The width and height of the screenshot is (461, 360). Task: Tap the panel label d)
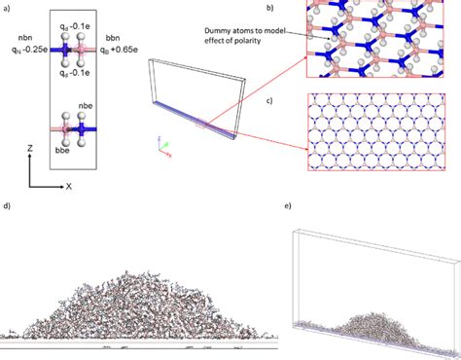click(x=8, y=207)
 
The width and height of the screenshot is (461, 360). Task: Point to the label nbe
click(x=104, y=115)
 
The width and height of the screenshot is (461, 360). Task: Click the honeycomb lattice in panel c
click(x=383, y=132)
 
